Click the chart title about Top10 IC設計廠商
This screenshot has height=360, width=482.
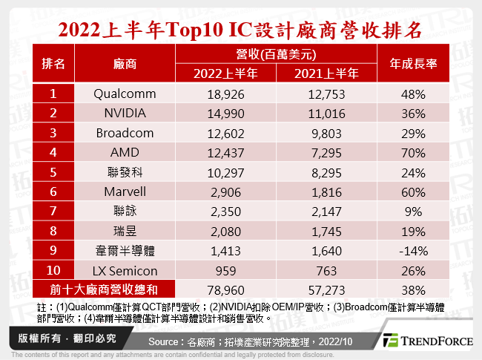coord(241,30)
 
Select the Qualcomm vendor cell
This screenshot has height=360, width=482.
coord(125,94)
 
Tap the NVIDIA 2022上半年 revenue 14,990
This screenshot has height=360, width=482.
coord(225,114)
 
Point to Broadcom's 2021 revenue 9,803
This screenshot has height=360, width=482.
coord(326,133)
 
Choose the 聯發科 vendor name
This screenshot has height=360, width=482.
coord(125,171)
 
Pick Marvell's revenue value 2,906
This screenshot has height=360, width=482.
coord(225,191)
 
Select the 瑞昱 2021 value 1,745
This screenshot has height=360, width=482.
coord(326,229)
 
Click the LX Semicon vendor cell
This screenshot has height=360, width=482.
coord(125,267)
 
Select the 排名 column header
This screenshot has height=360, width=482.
coord(54,63)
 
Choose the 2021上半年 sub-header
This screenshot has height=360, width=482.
coord(326,73)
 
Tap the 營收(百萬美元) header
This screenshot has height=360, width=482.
coord(276,53)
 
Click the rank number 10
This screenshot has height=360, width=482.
coord(54,267)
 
